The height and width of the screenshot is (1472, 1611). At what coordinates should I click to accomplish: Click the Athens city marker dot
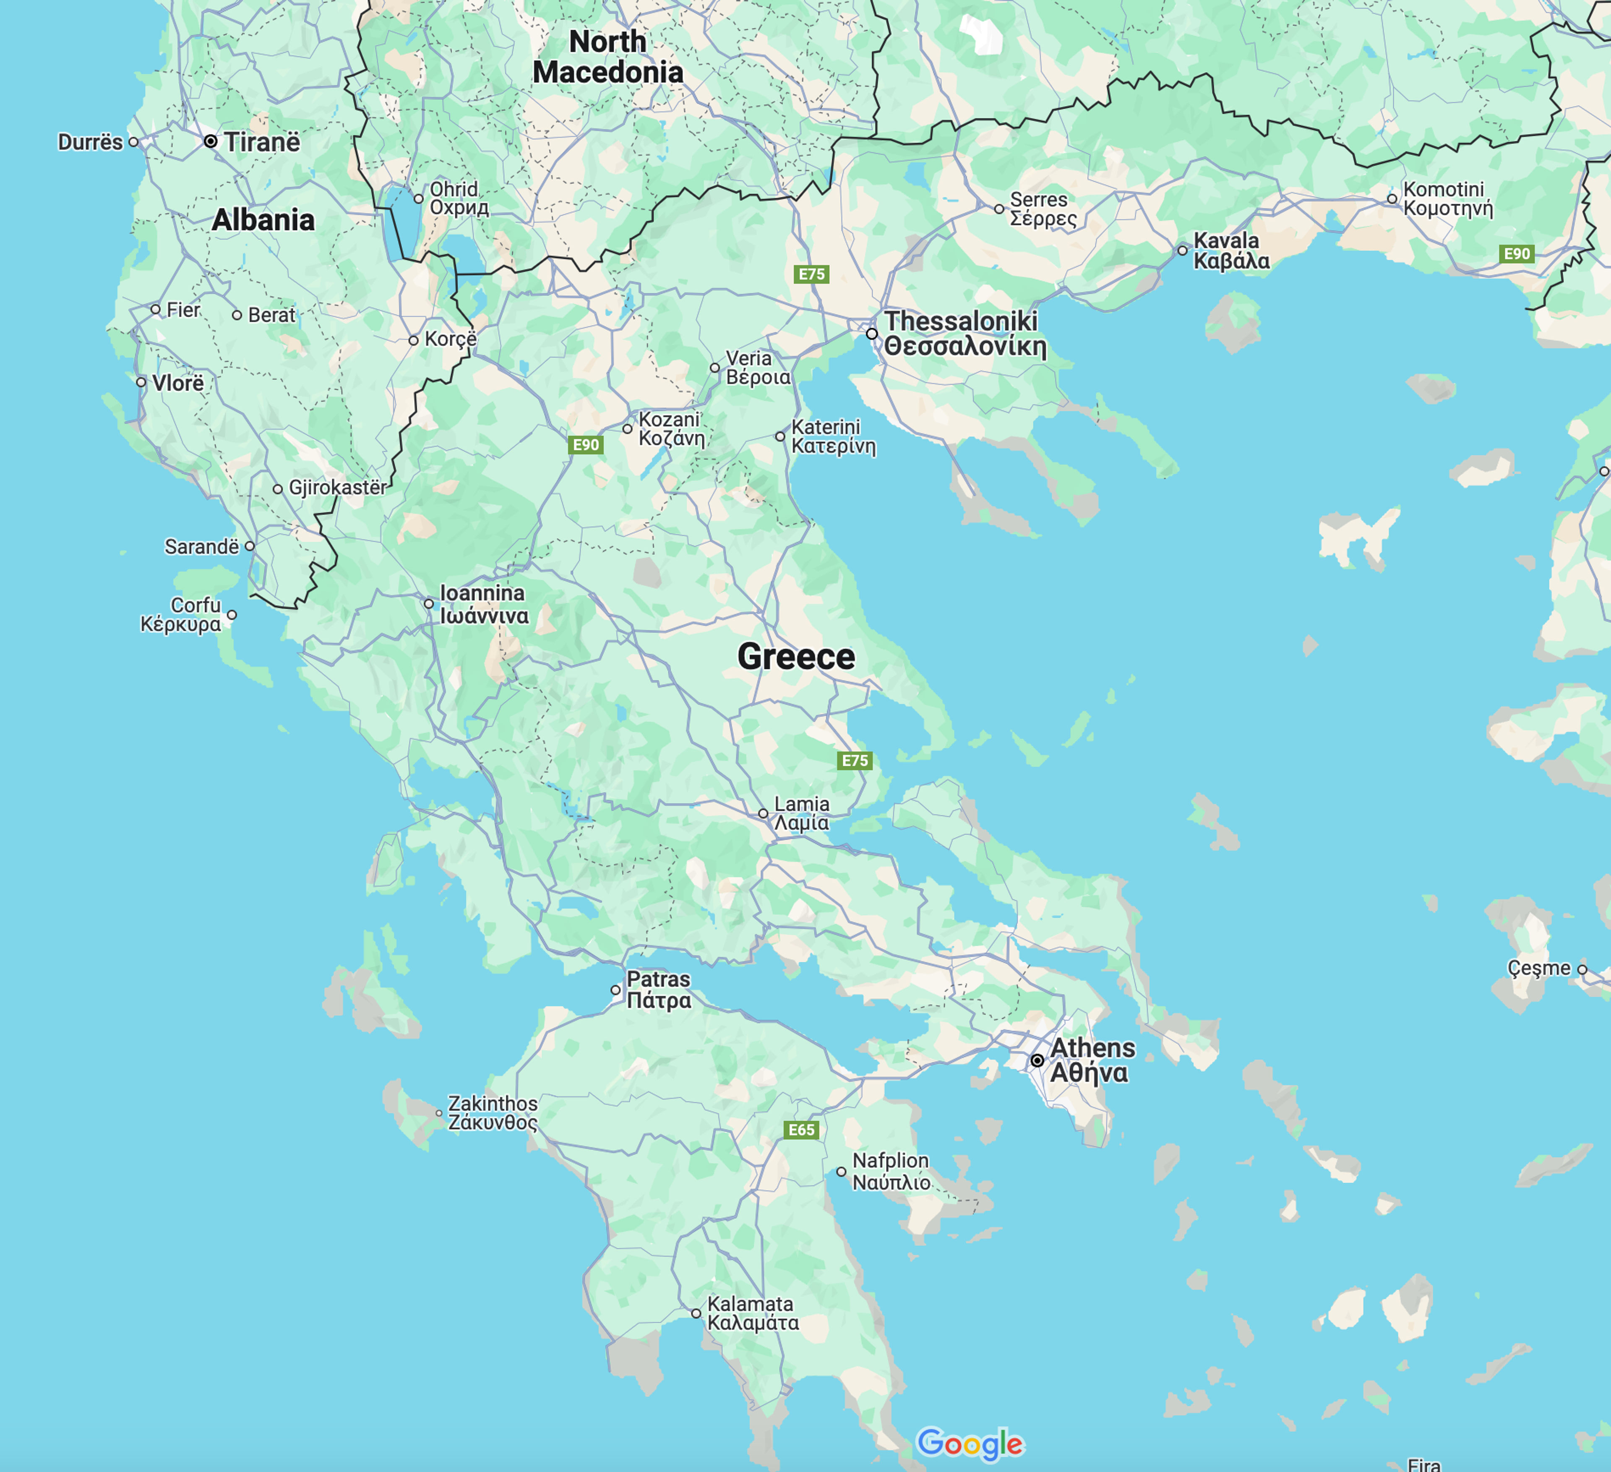(1036, 1060)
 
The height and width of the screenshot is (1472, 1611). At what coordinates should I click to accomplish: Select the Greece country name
(796, 656)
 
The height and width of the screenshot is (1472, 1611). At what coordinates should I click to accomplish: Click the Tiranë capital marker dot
(210, 141)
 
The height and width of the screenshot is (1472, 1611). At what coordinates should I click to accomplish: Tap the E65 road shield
(801, 1129)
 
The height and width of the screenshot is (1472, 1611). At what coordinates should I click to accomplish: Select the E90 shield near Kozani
(586, 444)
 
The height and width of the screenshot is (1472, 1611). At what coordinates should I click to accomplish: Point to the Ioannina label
(483, 604)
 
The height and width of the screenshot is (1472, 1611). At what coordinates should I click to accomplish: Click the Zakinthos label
(492, 1112)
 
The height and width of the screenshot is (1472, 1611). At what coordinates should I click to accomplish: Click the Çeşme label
(1538, 968)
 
